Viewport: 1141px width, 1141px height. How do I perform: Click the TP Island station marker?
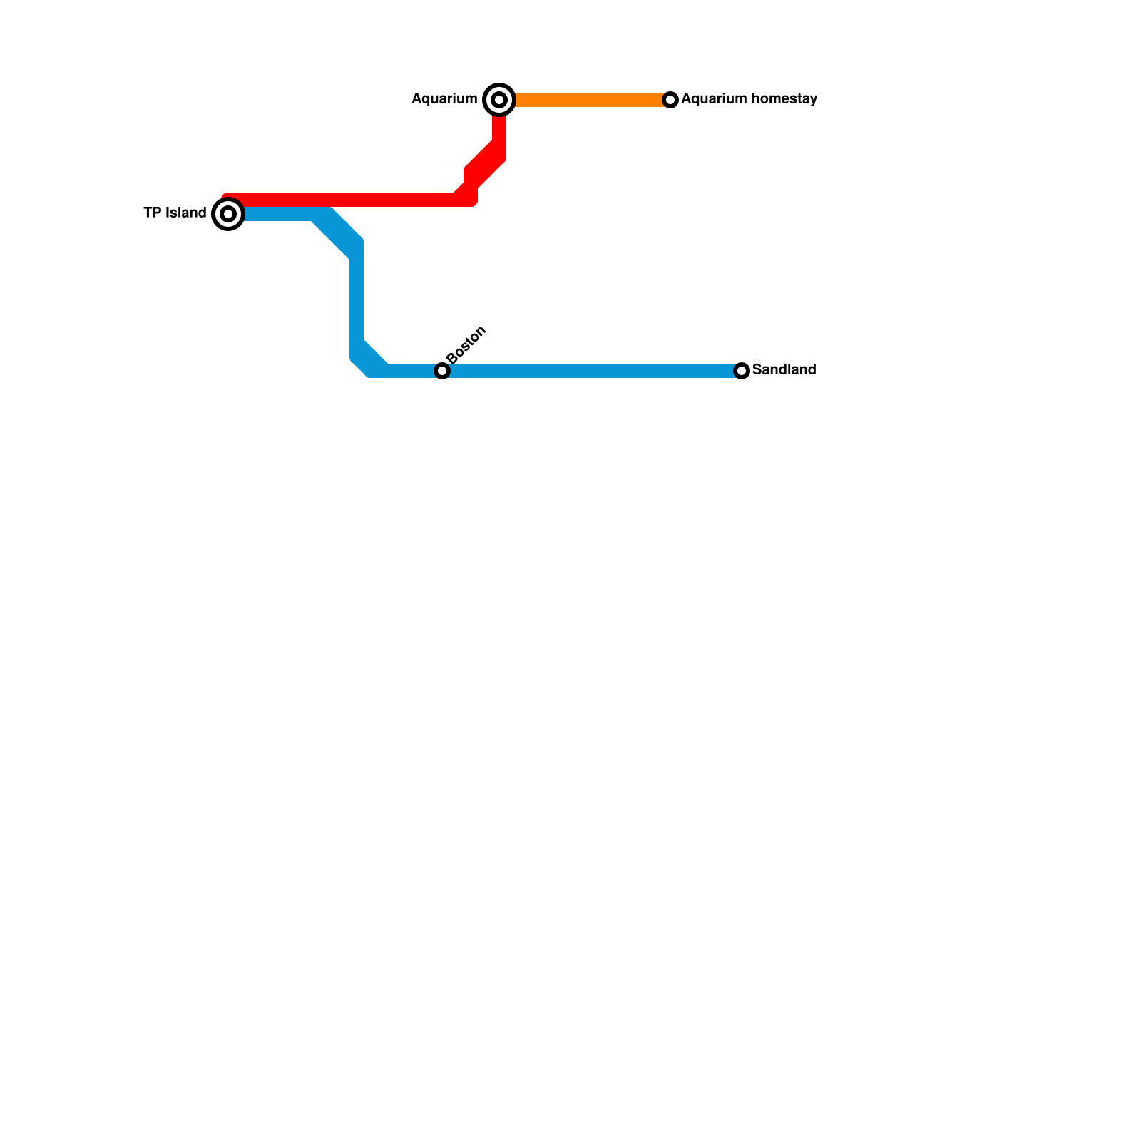tap(228, 214)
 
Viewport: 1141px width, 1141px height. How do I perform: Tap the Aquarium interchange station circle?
tap(499, 100)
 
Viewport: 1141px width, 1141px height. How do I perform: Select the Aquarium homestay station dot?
tap(670, 100)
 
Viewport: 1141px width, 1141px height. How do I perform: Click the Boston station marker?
tap(442, 371)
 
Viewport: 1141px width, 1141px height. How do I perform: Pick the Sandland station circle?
tap(742, 371)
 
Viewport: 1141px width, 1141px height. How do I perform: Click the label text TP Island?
tap(175, 213)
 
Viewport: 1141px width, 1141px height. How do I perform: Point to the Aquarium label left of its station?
tap(444, 99)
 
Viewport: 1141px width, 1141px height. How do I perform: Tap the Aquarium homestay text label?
tap(749, 99)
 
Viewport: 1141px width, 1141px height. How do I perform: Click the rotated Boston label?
tap(466, 344)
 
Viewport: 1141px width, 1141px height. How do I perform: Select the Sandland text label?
tap(784, 370)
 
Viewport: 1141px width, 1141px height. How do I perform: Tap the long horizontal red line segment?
tap(342, 200)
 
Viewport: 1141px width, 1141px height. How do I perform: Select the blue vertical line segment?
tap(357, 300)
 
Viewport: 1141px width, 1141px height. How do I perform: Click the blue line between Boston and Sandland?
tap(592, 371)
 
